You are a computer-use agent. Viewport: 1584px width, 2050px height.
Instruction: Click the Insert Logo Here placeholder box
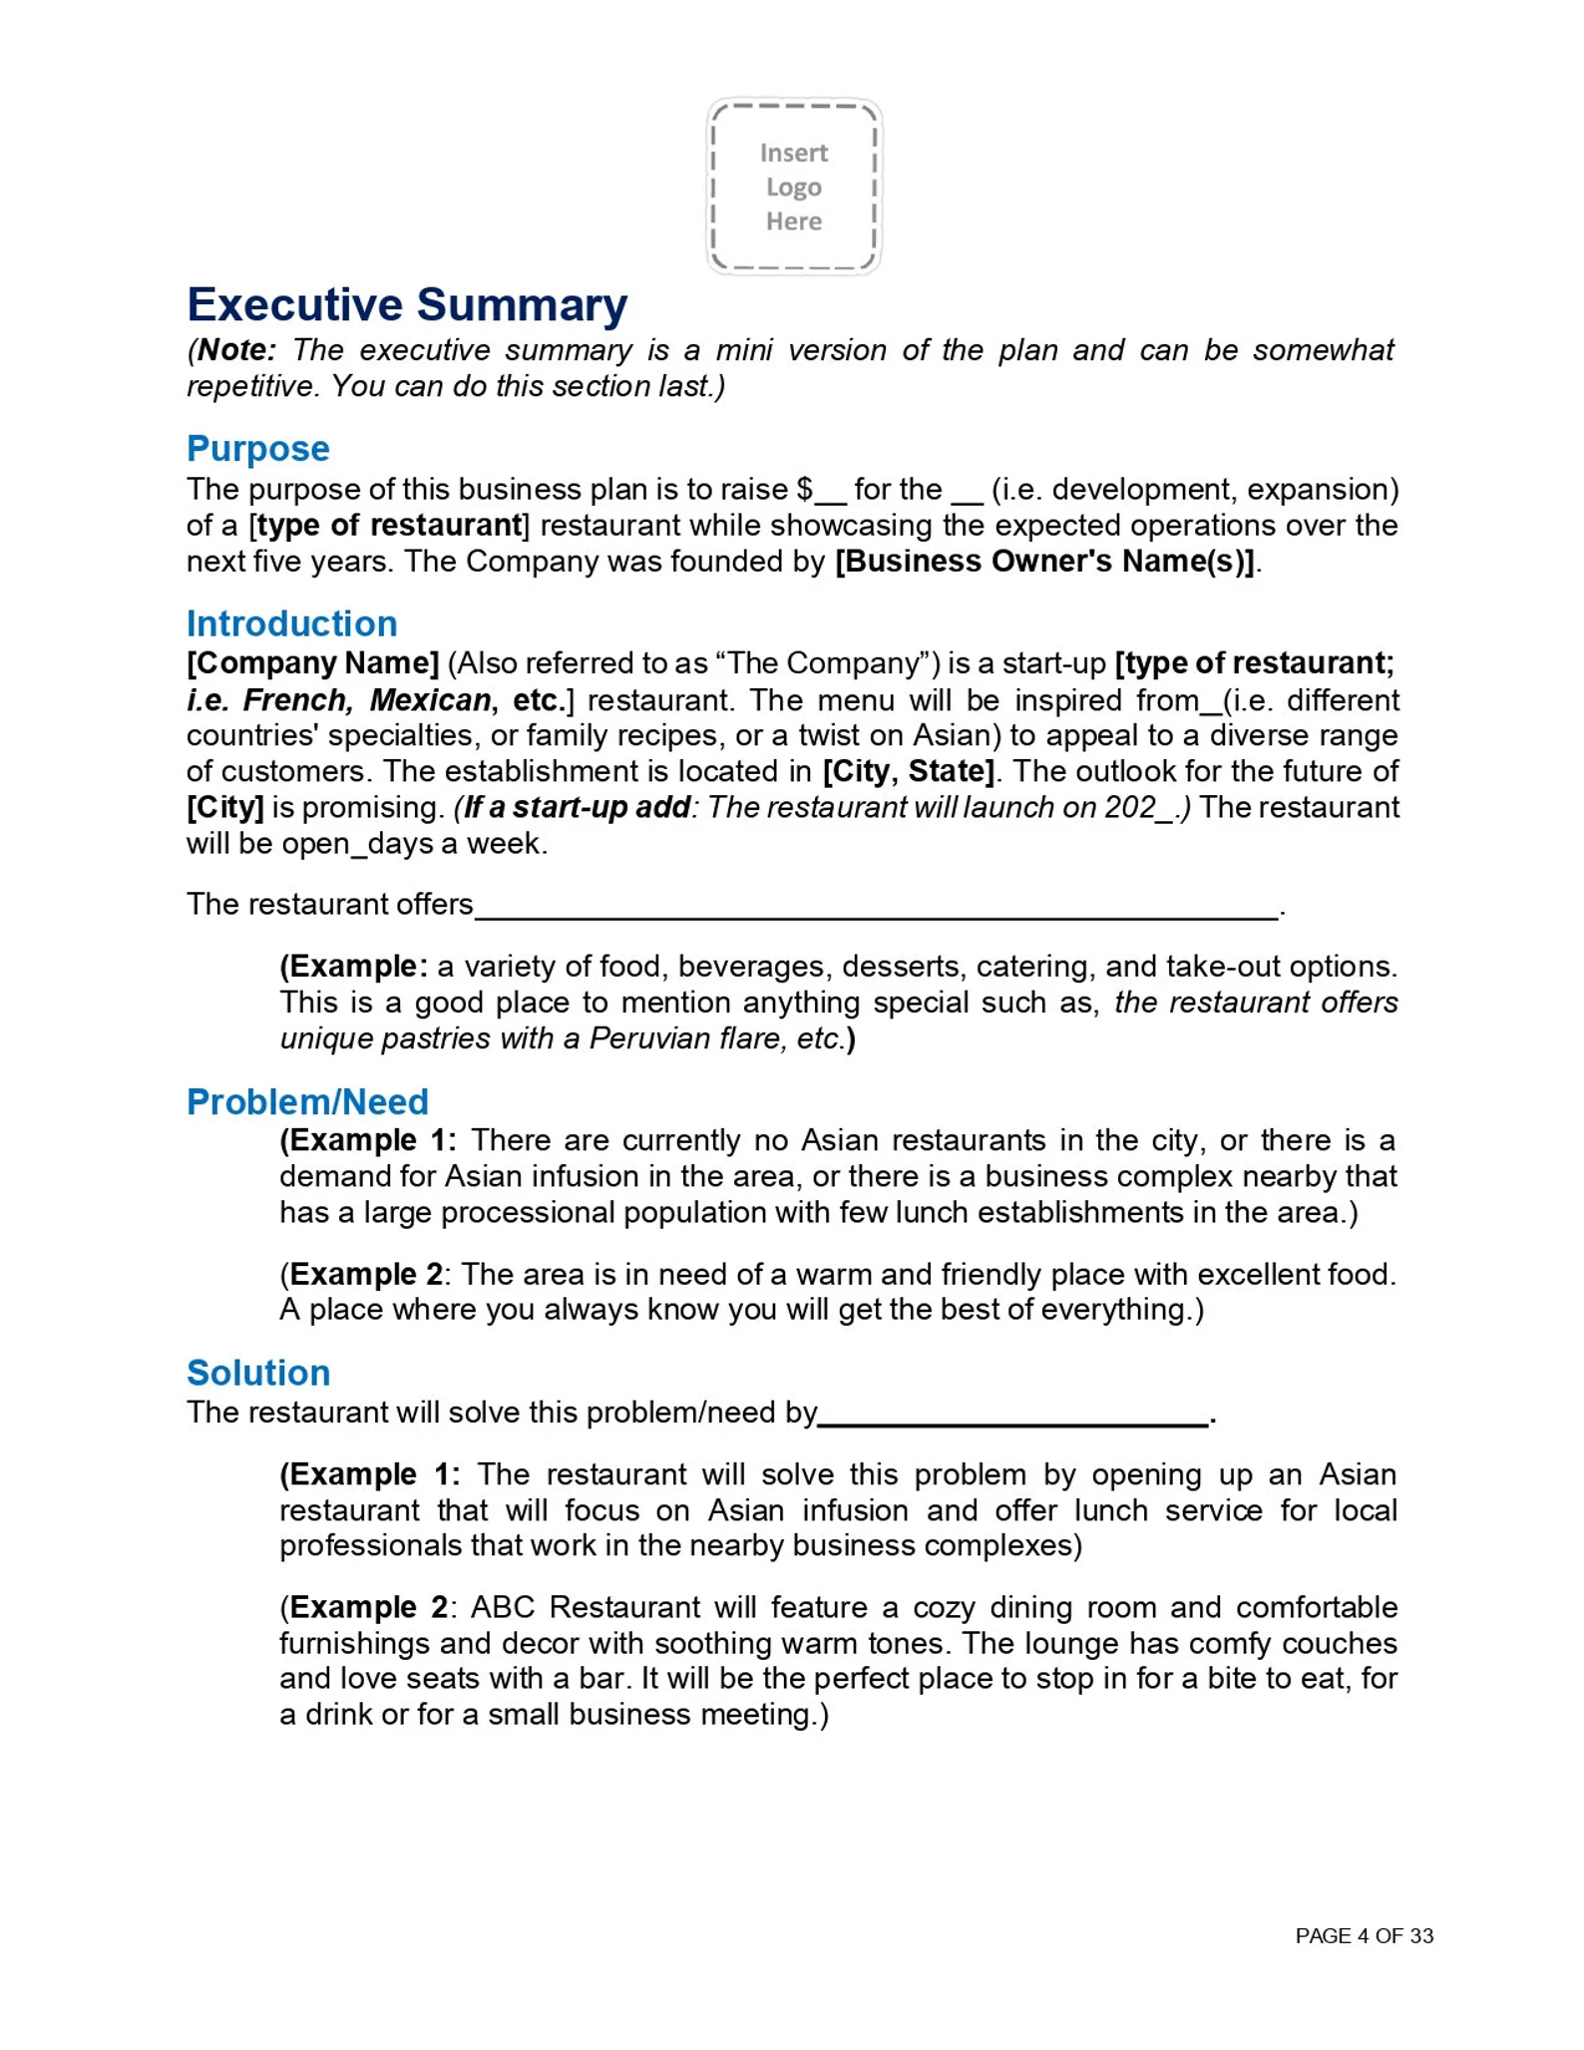tap(794, 187)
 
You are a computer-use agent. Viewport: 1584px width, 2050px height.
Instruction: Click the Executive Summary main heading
tap(407, 304)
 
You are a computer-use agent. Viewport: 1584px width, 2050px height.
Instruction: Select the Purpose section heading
tap(257, 449)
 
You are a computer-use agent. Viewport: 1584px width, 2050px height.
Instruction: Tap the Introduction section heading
tap(291, 623)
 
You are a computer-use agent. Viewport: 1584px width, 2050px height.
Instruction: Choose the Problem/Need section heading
tap(307, 1101)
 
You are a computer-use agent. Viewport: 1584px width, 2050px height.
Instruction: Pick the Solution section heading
tap(258, 1373)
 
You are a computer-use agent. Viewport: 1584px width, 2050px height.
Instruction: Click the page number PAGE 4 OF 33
tap(1364, 1936)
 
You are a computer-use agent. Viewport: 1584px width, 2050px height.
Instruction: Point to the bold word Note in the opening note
tap(235, 350)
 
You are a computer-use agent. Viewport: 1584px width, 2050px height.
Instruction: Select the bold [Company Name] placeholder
tap(313, 663)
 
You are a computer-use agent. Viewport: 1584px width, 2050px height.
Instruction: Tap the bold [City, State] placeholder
tap(908, 771)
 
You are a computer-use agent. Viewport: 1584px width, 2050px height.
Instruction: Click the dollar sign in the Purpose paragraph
tap(805, 490)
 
